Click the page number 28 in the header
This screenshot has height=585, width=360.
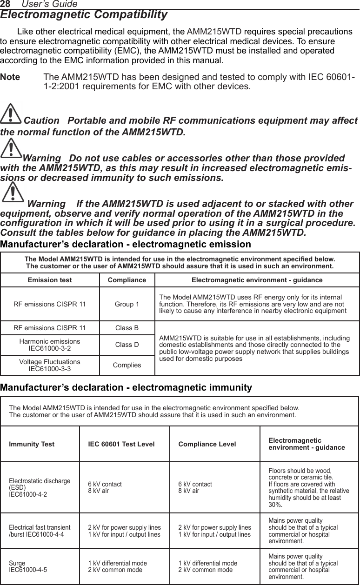pos(5,4)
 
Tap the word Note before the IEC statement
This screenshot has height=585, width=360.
pos(10,77)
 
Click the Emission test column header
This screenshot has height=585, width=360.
pos(50,280)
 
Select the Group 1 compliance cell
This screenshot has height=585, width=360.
pos(127,304)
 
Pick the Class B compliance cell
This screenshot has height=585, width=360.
pos(127,328)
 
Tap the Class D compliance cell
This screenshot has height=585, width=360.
pos(127,345)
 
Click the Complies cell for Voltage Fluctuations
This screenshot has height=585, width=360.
pos(127,365)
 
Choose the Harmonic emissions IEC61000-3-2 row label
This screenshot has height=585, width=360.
pos(50,345)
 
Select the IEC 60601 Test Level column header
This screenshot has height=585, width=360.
pos(121,444)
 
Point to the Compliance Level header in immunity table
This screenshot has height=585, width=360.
pos(207,444)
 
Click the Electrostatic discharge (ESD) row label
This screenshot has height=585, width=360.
pos(40,487)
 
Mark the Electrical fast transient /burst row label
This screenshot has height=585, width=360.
pos(40,531)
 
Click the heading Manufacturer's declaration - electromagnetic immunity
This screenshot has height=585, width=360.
pos(126,387)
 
